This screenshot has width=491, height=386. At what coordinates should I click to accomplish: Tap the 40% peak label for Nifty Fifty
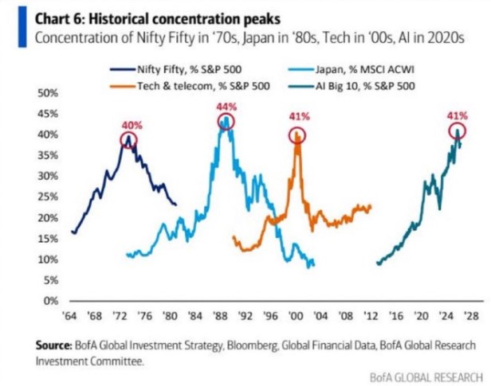pyautogui.click(x=131, y=125)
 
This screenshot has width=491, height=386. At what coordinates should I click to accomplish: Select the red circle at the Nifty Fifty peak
pyautogui.click(x=129, y=139)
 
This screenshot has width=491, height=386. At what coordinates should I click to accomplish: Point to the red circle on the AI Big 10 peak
pyautogui.click(x=457, y=132)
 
